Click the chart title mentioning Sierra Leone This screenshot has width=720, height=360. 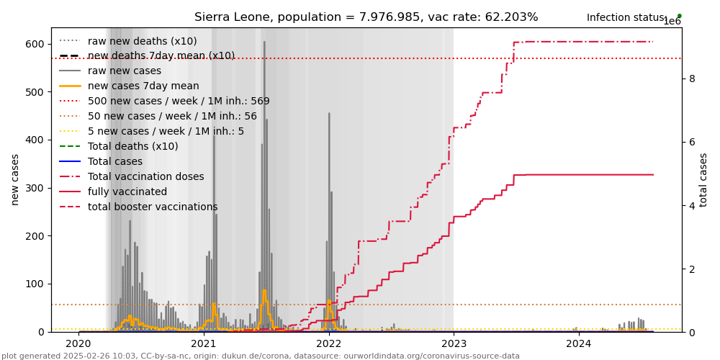[x=366, y=17]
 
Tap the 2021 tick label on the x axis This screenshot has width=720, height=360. [x=204, y=344]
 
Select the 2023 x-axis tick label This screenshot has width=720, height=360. [x=454, y=344]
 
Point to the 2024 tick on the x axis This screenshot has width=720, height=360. [x=579, y=344]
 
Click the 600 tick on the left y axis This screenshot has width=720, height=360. [x=35, y=44]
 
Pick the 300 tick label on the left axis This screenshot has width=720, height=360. [x=35, y=188]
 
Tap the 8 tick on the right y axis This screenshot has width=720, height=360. [x=692, y=78]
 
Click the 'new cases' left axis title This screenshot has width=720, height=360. [x=15, y=179]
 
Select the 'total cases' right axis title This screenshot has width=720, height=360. [x=704, y=179]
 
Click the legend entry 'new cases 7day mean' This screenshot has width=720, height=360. [x=143, y=86]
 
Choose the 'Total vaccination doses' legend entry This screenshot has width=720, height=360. [x=145, y=176]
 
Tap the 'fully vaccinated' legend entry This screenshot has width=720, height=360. [x=127, y=192]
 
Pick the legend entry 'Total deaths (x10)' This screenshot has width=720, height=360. [x=132, y=146]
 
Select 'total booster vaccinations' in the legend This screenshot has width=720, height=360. [x=153, y=207]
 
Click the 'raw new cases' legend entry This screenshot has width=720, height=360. [x=125, y=71]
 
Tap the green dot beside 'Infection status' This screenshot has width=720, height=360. [x=679, y=16]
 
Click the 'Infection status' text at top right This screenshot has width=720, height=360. [x=626, y=17]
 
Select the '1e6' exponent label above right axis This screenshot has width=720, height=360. [x=672, y=22]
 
